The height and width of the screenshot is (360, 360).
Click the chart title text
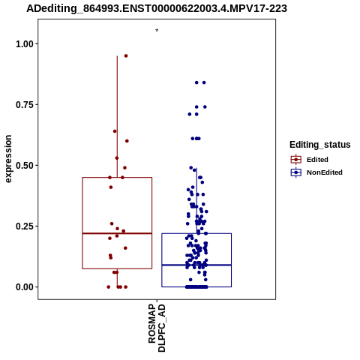coord(157,9)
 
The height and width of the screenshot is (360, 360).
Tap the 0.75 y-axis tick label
coord(25,105)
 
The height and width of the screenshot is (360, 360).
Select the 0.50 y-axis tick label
coord(25,166)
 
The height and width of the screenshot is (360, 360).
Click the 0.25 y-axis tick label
coord(25,226)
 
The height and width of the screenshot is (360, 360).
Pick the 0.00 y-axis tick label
coord(25,287)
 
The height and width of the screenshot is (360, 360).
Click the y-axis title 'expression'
coord(8,159)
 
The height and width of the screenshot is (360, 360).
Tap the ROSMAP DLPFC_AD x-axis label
coord(157,328)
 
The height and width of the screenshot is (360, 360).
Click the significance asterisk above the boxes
coord(157,31)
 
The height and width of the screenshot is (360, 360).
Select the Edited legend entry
coord(310,160)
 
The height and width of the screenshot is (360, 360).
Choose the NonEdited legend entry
coord(316,172)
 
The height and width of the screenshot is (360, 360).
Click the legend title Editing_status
coord(320,145)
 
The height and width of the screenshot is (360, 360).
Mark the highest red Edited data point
coord(126,55)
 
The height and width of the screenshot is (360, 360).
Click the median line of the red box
coord(117,233)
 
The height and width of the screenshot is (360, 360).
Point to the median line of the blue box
coord(196,265)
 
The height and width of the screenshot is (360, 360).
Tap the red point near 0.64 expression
coord(115,131)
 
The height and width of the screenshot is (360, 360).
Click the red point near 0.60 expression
coord(127,141)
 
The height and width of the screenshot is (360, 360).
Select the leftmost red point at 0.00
coord(109,287)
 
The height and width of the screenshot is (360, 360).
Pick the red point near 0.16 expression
coord(125,248)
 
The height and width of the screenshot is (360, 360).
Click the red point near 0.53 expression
coord(117,158)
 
